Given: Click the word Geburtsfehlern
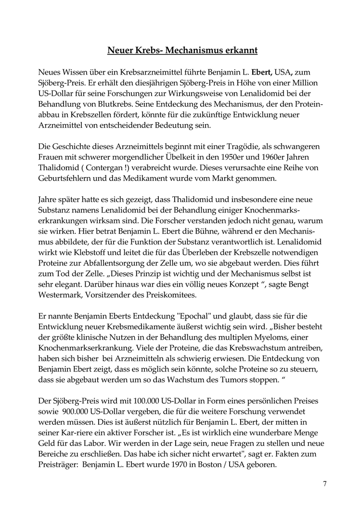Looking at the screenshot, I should coord(63,178).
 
